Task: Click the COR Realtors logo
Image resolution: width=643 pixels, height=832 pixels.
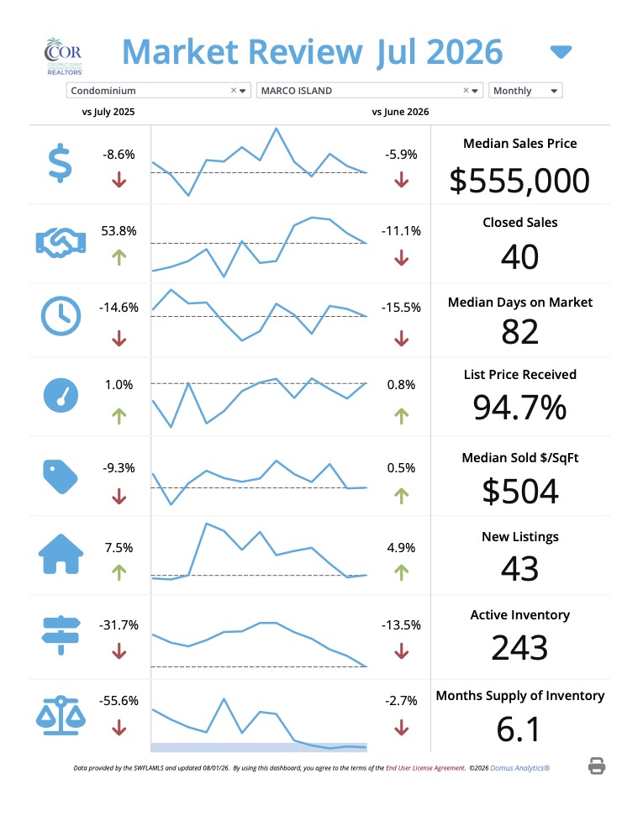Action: pyautogui.click(x=64, y=55)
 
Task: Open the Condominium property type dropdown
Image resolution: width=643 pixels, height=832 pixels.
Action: pyautogui.click(x=158, y=91)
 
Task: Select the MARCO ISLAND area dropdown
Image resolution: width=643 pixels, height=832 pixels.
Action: pyautogui.click(x=369, y=91)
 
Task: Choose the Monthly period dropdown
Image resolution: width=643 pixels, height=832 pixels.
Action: pyautogui.click(x=525, y=91)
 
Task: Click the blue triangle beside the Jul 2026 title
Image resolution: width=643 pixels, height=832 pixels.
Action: pyautogui.click(x=561, y=52)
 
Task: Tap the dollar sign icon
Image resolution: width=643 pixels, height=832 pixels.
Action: pyautogui.click(x=60, y=163)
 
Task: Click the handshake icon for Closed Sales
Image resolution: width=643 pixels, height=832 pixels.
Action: pyautogui.click(x=61, y=243)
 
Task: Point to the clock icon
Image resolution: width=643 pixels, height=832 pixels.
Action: pyautogui.click(x=61, y=316)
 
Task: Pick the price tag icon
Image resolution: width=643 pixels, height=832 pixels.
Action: pyautogui.click(x=60, y=477)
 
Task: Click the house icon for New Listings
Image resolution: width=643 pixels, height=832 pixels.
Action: pyautogui.click(x=61, y=554)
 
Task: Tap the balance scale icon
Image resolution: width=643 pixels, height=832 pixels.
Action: pyautogui.click(x=61, y=715)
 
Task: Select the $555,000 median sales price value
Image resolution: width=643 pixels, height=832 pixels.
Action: pyautogui.click(x=519, y=181)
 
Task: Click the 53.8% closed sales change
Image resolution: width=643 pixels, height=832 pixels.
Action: pyautogui.click(x=119, y=231)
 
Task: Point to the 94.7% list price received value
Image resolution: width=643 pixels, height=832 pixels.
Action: pyautogui.click(x=519, y=408)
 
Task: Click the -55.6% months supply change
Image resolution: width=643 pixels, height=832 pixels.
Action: pyautogui.click(x=119, y=700)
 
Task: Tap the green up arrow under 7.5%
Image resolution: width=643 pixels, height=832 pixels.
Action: pyautogui.click(x=119, y=572)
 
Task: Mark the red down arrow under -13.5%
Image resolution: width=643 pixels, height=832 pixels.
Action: pyautogui.click(x=402, y=650)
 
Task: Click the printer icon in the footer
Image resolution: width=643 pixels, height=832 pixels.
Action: pyautogui.click(x=597, y=766)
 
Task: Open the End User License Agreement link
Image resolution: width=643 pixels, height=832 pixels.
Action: pyautogui.click(x=425, y=768)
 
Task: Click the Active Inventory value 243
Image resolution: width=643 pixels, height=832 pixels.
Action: pyautogui.click(x=519, y=648)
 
